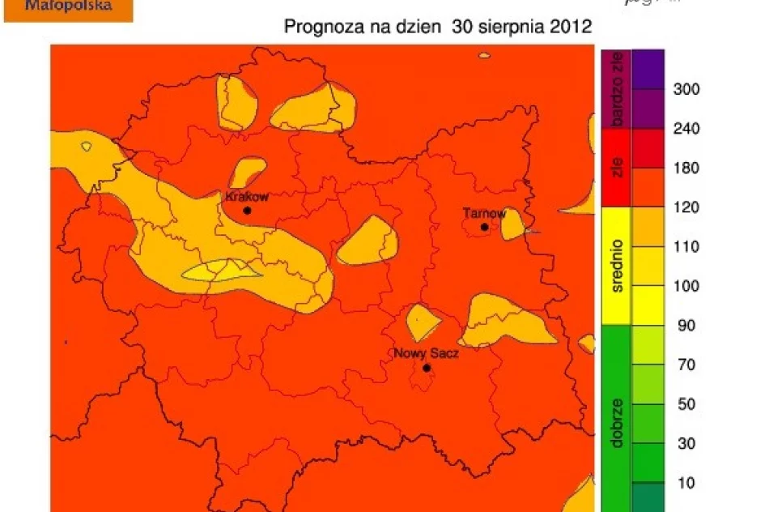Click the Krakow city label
[x=246, y=196]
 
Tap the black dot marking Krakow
[x=247, y=211]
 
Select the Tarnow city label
[x=484, y=214]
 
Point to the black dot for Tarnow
[x=484, y=227]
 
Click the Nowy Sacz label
[x=426, y=353]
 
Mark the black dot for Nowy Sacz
[x=426, y=368]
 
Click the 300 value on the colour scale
[x=686, y=89]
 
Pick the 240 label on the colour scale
[x=686, y=129]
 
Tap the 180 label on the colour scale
[x=686, y=168]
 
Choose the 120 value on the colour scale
[x=686, y=207]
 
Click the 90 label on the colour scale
[x=686, y=326]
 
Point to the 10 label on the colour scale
[x=686, y=483]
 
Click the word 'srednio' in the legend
[x=618, y=266]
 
